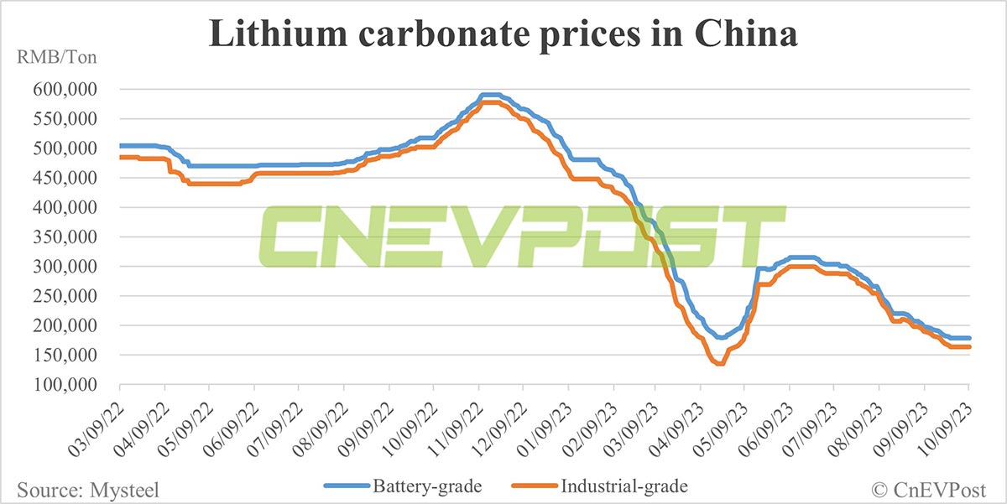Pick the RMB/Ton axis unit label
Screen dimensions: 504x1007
point(52,59)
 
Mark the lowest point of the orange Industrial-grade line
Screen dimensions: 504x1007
point(719,363)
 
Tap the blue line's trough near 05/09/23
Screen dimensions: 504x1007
point(720,337)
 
